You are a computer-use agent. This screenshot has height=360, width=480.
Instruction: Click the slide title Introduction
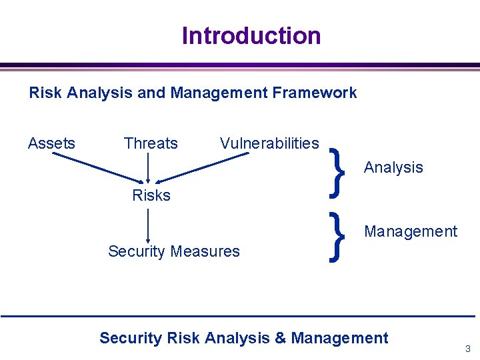pos(251,35)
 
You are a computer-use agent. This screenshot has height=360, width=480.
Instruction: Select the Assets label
pos(51,143)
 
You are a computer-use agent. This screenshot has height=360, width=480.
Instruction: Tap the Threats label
pos(151,143)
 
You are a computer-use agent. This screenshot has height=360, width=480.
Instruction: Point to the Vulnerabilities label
pos(269,143)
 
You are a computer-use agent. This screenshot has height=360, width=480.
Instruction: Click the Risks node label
pos(151,195)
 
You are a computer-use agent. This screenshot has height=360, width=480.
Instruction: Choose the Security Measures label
pos(173,251)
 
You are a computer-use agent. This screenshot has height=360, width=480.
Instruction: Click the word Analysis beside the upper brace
pos(393,167)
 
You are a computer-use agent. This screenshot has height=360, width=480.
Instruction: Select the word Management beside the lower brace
pos(411,231)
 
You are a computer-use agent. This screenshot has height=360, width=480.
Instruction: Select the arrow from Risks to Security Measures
pos(147,225)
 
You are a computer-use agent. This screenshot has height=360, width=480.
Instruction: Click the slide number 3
pos(468,349)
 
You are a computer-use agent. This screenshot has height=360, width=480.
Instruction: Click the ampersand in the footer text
pos(280,338)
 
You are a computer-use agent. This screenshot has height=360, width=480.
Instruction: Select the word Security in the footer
pos(130,338)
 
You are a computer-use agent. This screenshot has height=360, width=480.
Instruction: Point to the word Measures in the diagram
pos(205,251)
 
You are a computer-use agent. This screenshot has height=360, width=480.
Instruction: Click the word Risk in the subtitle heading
pos(46,93)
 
